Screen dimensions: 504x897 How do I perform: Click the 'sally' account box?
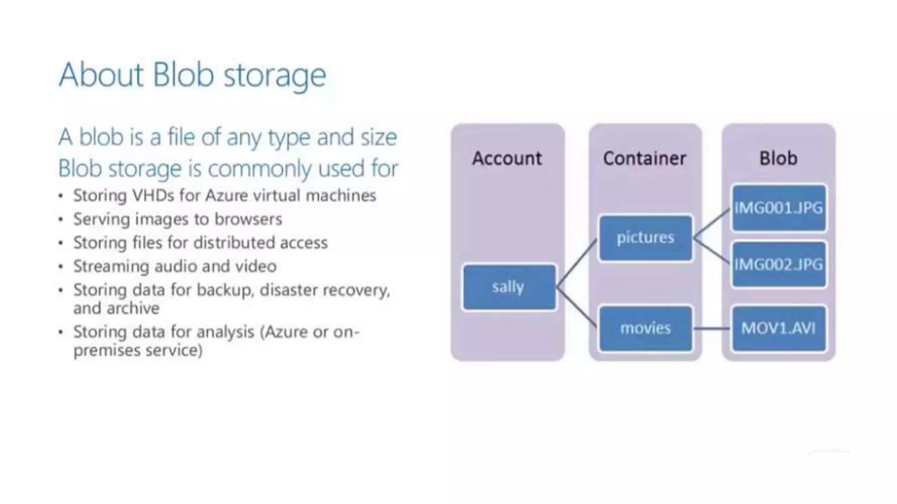pyautogui.click(x=509, y=287)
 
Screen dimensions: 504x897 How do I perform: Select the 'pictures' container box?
pyautogui.click(x=646, y=238)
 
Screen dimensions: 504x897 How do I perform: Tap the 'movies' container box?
pyautogui.click(x=646, y=328)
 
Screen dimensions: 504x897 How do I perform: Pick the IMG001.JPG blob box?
pyautogui.click(x=779, y=208)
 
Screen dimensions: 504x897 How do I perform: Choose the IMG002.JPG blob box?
pyautogui.click(x=779, y=264)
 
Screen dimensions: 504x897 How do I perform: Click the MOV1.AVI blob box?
pyautogui.click(x=779, y=328)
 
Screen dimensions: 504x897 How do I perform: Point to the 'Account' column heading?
pyautogui.click(x=507, y=158)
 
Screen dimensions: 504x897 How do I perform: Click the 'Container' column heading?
pyautogui.click(x=645, y=158)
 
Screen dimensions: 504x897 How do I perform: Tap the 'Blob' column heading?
pyautogui.click(x=778, y=158)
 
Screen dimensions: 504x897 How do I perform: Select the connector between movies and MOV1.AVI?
pyautogui.click(x=712, y=329)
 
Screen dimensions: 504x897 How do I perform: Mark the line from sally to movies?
pyautogui.click(x=577, y=307)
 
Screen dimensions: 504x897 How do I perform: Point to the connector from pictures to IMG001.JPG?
pyautogui.click(x=712, y=223)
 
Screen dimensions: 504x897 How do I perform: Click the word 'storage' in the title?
pyautogui.click(x=275, y=75)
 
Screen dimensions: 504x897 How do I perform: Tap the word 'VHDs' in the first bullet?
pyautogui.click(x=153, y=196)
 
